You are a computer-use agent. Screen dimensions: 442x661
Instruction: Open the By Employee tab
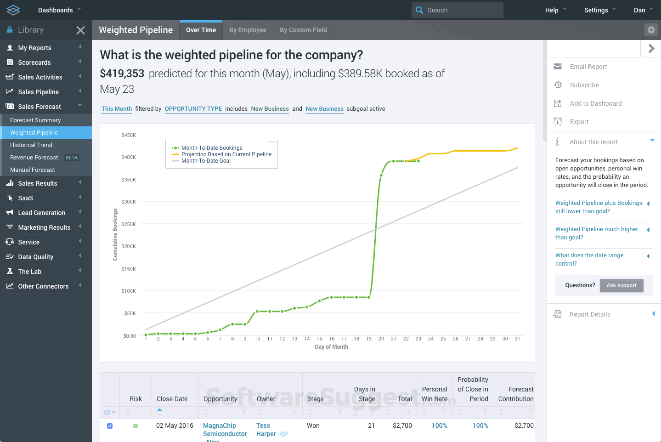coord(248,30)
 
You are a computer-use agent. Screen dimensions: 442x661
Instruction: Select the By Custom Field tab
coord(303,30)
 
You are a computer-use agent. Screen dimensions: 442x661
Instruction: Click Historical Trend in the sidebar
coord(31,145)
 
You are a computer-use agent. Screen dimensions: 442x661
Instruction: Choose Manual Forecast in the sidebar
coord(33,170)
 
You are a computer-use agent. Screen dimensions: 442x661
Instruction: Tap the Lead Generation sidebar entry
coord(41,213)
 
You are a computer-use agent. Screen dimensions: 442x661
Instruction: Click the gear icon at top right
coord(651,30)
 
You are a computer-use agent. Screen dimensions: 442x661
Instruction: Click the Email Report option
coord(588,67)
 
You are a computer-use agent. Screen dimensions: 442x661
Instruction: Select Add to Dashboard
coord(595,103)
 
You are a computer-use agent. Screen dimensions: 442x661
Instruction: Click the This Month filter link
coord(117,109)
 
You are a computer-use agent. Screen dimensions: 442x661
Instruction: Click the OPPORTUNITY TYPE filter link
coord(193,109)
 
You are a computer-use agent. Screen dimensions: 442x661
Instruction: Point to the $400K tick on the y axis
coord(129,157)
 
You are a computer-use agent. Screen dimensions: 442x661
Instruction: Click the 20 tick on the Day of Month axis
coord(381,339)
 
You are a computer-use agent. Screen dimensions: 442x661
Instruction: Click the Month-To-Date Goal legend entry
coord(206,161)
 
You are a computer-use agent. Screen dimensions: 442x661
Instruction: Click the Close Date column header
coord(172,399)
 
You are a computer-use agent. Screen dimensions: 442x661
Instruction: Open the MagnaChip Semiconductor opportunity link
coord(225,430)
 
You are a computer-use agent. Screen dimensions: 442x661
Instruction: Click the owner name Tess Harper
coord(266,430)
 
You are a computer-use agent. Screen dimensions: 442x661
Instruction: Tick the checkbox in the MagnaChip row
coord(110,426)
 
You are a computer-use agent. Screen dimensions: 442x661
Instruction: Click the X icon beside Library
coord(80,30)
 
